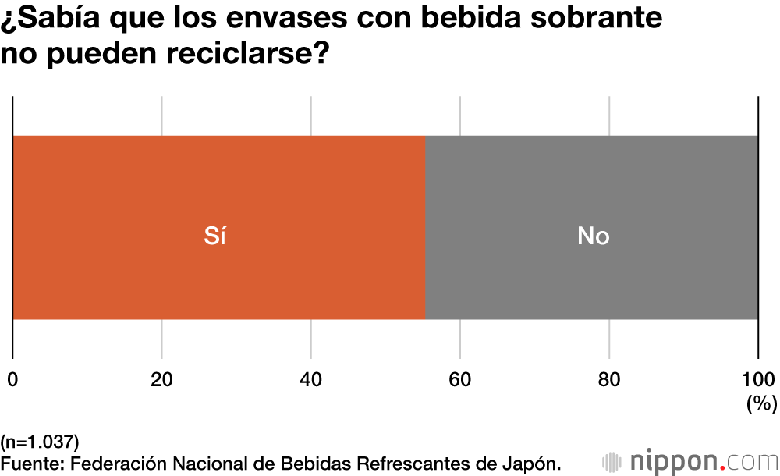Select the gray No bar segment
[x=663, y=187]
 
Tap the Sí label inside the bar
[x=214, y=236]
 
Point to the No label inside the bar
[x=593, y=236]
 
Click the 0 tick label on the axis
[x=12, y=380]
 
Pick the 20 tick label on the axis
[x=161, y=380]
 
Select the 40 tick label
[x=310, y=380]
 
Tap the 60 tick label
[x=460, y=380]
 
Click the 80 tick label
[x=609, y=380]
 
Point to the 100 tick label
[x=757, y=380]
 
